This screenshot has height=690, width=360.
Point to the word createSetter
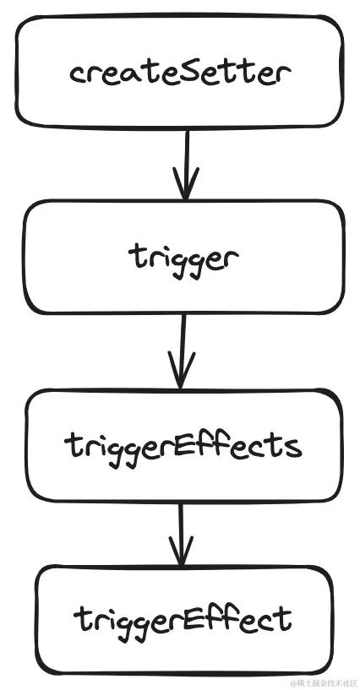[179, 73]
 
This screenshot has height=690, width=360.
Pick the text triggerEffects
[182, 444]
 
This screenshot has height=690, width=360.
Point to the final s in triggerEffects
[294, 445]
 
